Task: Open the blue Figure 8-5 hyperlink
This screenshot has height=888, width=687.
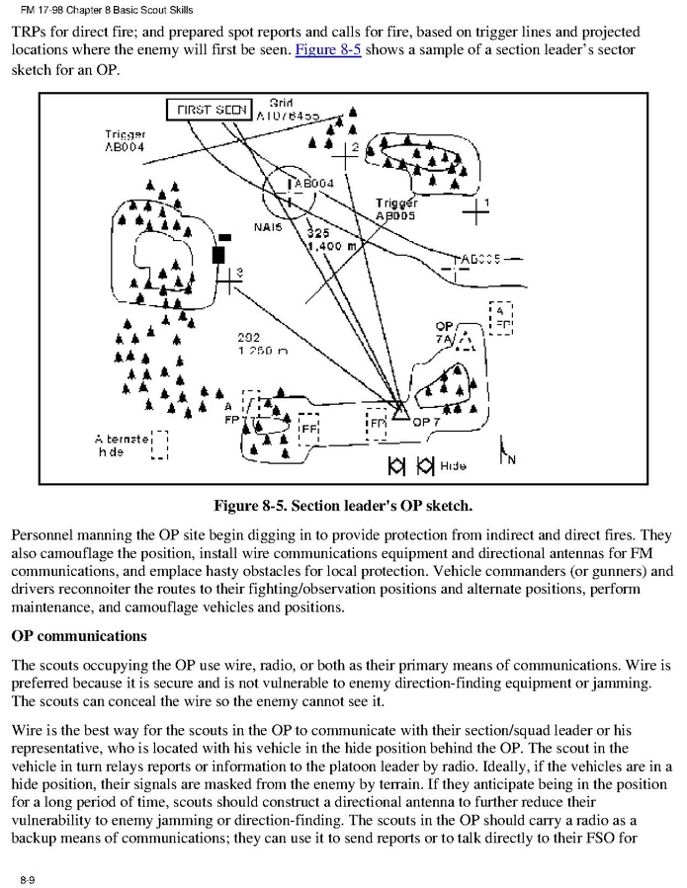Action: [327, 49]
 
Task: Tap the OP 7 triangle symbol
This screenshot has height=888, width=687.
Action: [400, 412]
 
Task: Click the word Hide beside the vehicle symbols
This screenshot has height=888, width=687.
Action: [453, 464]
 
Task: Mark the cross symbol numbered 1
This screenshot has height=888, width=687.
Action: [477, 210]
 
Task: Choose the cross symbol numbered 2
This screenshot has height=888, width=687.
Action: [345, 153]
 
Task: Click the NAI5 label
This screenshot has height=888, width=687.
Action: [268, 227]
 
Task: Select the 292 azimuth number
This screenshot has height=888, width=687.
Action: [248, 337]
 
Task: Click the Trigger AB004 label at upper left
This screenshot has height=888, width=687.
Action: [125, 140]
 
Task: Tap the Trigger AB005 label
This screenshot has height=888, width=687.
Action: [395, 208]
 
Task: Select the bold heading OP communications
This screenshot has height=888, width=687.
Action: [78, 635]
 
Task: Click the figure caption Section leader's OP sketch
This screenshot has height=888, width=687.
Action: [343, 507]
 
